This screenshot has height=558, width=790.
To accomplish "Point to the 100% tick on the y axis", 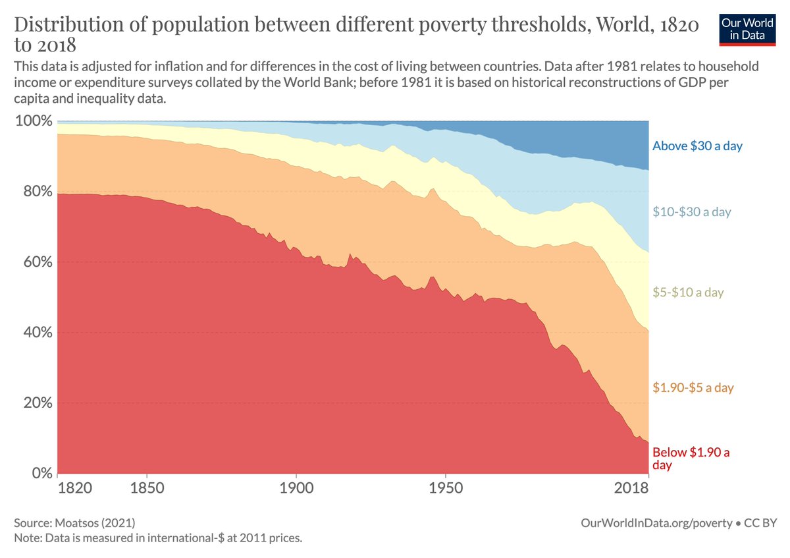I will [33, 121].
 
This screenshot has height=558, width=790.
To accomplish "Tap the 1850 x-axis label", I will [147, 489].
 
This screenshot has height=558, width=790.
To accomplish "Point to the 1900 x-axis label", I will [296, 489].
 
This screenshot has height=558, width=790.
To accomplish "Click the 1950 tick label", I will [446, 489].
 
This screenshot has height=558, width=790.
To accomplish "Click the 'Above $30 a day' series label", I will [697, 146].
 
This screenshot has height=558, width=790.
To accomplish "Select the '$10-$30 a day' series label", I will [691, 212].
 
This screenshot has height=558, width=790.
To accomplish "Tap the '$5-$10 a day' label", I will [687, 293].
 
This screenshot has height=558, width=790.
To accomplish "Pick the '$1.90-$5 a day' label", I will [693, 387].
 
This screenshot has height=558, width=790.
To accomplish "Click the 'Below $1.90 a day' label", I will [691, 459].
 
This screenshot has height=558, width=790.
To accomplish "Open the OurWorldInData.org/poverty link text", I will [656, 523].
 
